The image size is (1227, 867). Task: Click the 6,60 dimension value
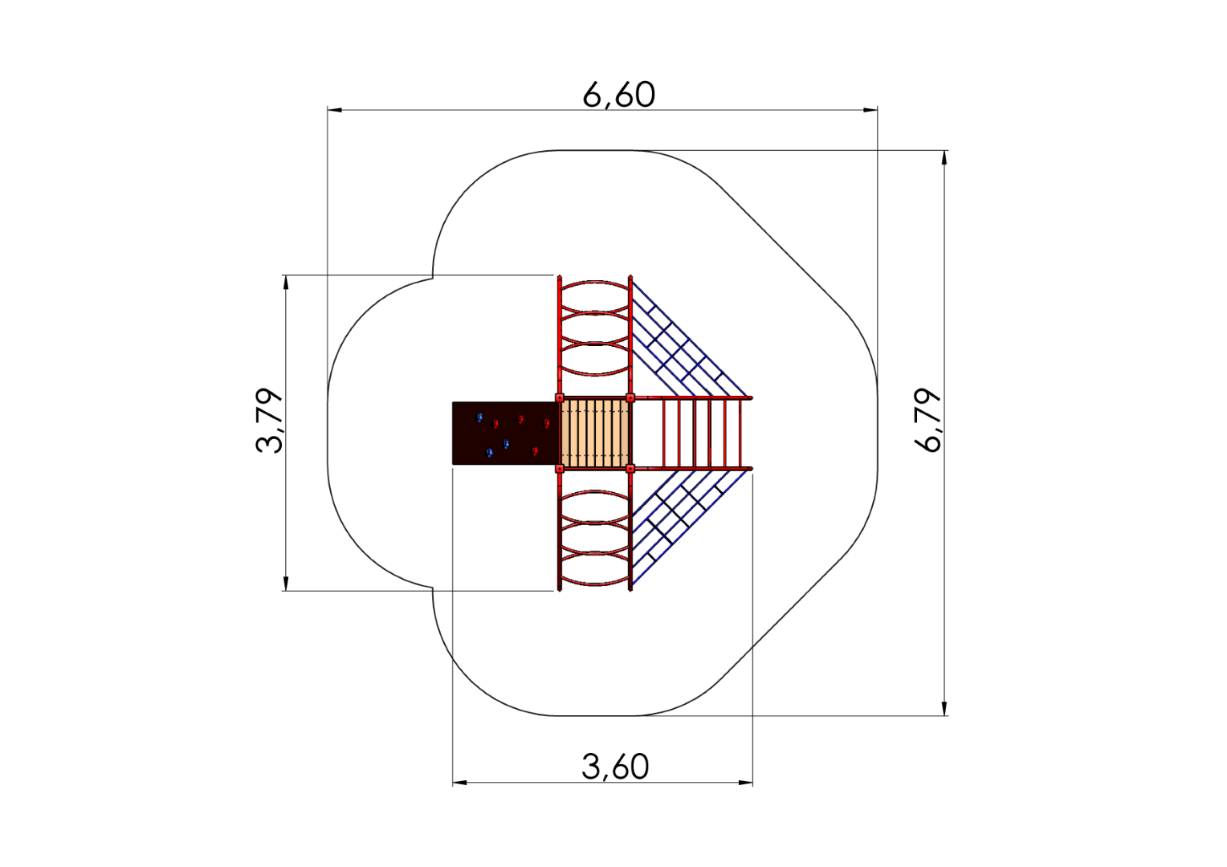(x=618, y=95)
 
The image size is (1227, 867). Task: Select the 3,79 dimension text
(x=270, y=421)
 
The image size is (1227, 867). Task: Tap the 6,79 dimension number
(x=928, y=420)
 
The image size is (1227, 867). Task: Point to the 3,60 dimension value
(x=615, y=767)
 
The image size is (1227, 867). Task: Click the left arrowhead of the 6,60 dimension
(x=335, y=110)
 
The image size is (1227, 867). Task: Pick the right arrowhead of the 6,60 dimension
(x=870, y=110)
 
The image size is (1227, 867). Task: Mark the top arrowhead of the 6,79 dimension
(x=944, y=157)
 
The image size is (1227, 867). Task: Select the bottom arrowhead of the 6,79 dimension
(x=944, y=708)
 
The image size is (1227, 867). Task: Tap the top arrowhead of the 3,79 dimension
(x=285, y=283)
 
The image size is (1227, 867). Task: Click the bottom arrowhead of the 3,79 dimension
(x=285, y=584)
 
